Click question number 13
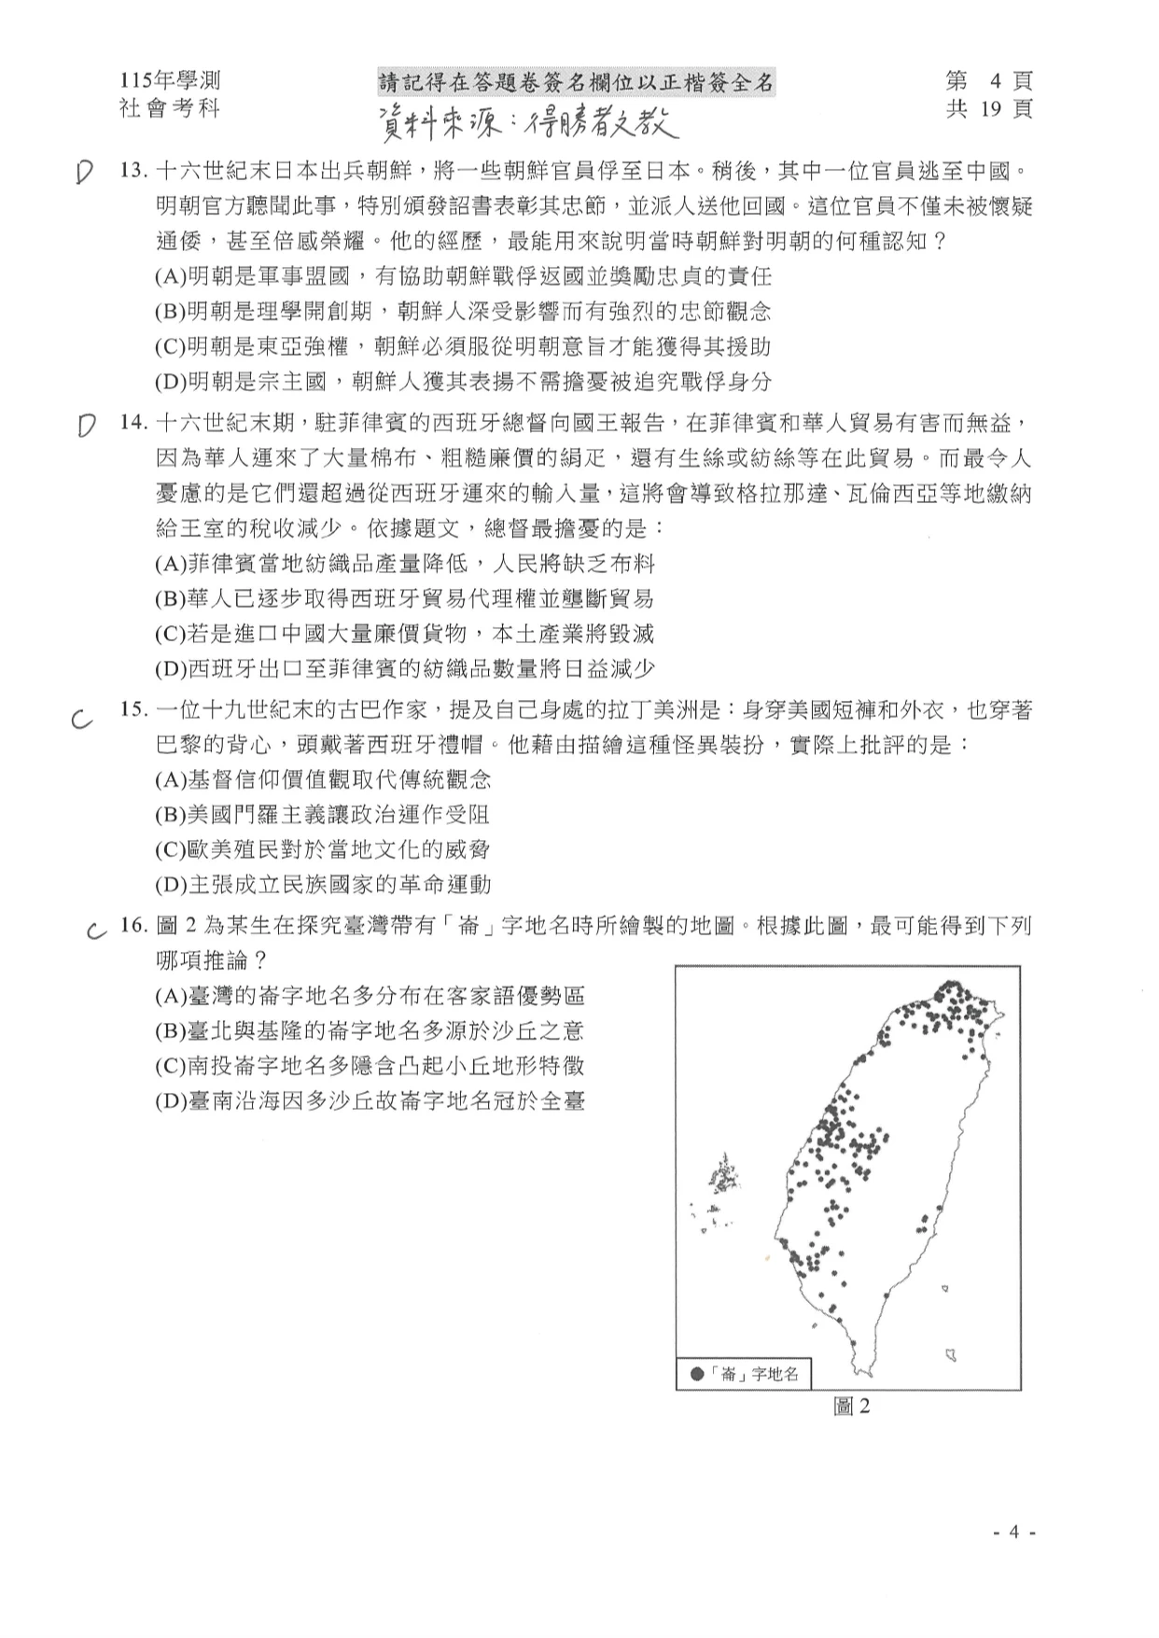(134, 171)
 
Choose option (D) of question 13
(463, 382)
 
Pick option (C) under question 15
(322, 849)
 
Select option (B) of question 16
(370, 1031)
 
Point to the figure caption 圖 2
(850, 1406)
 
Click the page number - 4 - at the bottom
(1014, 1532)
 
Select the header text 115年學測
(170, 81)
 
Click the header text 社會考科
(170, 108)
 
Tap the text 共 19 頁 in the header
(989, 109)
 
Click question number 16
(134, 926)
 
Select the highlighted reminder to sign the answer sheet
(576, 83)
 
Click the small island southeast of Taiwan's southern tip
(951, 1352)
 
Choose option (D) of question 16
(370, 1101)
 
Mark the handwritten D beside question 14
(86, 426)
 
